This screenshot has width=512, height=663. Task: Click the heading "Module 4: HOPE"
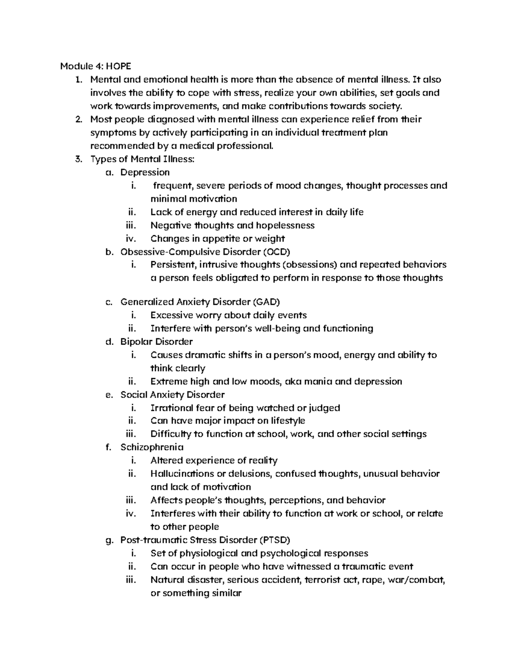pyautogui.click(x=96, y=66)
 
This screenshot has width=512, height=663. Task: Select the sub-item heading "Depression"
pyautogui.click(x=145, y=172)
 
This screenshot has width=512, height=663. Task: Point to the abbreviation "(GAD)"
pyautogui.click(x=266, y=302)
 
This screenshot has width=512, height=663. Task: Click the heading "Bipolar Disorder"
pyautogui.click(x=156, y=342)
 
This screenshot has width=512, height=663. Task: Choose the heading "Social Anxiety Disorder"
pyautogui.click(x=172, y=394)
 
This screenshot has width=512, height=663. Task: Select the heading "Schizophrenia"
pyautogui.click(x=152, y=447)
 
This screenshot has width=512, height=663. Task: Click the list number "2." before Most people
pyautogui.click(x=78, y=120)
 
